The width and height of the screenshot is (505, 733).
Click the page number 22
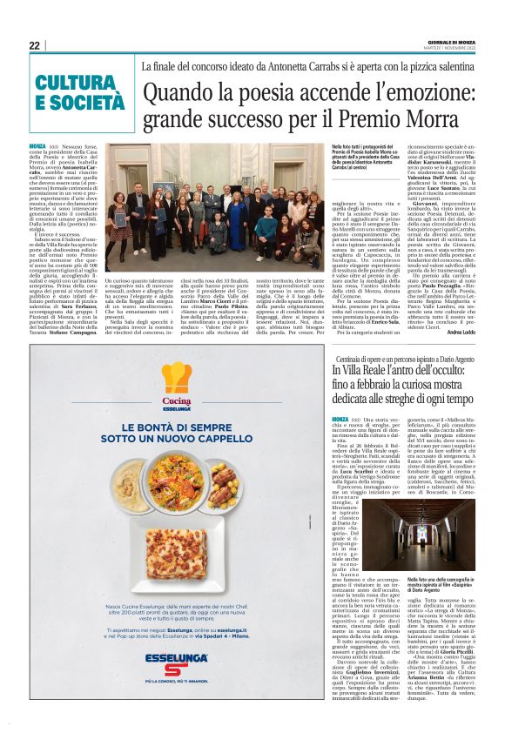click(34, 45)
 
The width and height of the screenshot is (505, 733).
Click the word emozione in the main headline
click(387, 90)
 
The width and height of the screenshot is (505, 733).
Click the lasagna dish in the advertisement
click(177, 549)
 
